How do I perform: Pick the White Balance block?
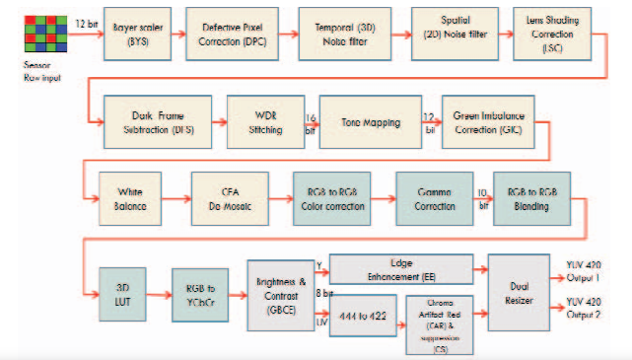(x=136, y=198)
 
